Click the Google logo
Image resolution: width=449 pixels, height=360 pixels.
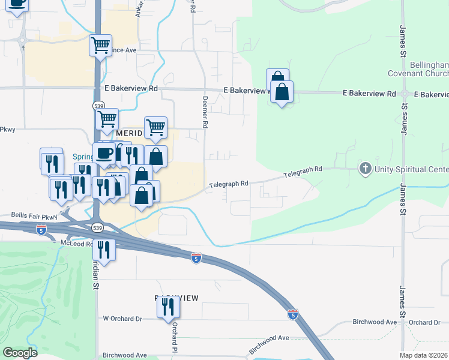[x=20, y=353]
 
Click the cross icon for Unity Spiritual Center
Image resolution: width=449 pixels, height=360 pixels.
[x=365, y=169]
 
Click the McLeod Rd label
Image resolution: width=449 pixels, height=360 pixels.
[x=76, y=244]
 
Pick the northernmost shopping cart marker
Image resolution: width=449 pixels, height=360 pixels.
[x=100, y=44]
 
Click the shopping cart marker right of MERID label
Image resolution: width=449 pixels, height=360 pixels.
[x=155, y=127]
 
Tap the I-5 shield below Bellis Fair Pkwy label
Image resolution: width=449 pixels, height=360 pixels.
[x=41, y=229]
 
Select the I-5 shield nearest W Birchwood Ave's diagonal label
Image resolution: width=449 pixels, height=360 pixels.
[x=292, y=314]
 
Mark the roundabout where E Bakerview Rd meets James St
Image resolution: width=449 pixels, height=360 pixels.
[x=405, y=94]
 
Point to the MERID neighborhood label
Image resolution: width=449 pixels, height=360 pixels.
[x=130, y=133]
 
